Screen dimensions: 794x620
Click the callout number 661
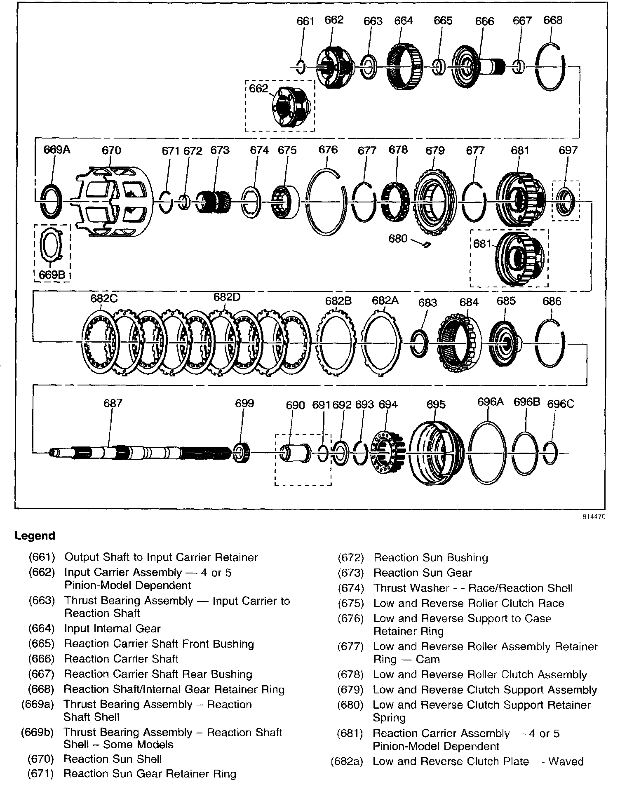(305, 21)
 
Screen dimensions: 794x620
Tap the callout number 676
(328, 150)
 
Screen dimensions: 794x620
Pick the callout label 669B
(52, 275)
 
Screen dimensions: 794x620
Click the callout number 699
(244, 403)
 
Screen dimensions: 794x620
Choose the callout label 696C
(561, 404)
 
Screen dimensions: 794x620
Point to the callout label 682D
(227, 297)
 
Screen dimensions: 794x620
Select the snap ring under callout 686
(550, 343)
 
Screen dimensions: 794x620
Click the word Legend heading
(35, 536)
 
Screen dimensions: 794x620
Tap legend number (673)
(351, 573)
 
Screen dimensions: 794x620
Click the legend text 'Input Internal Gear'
(113, 629)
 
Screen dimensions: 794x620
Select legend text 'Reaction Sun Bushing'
(431, 558)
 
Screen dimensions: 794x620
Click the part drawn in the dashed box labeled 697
(565, 201)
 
